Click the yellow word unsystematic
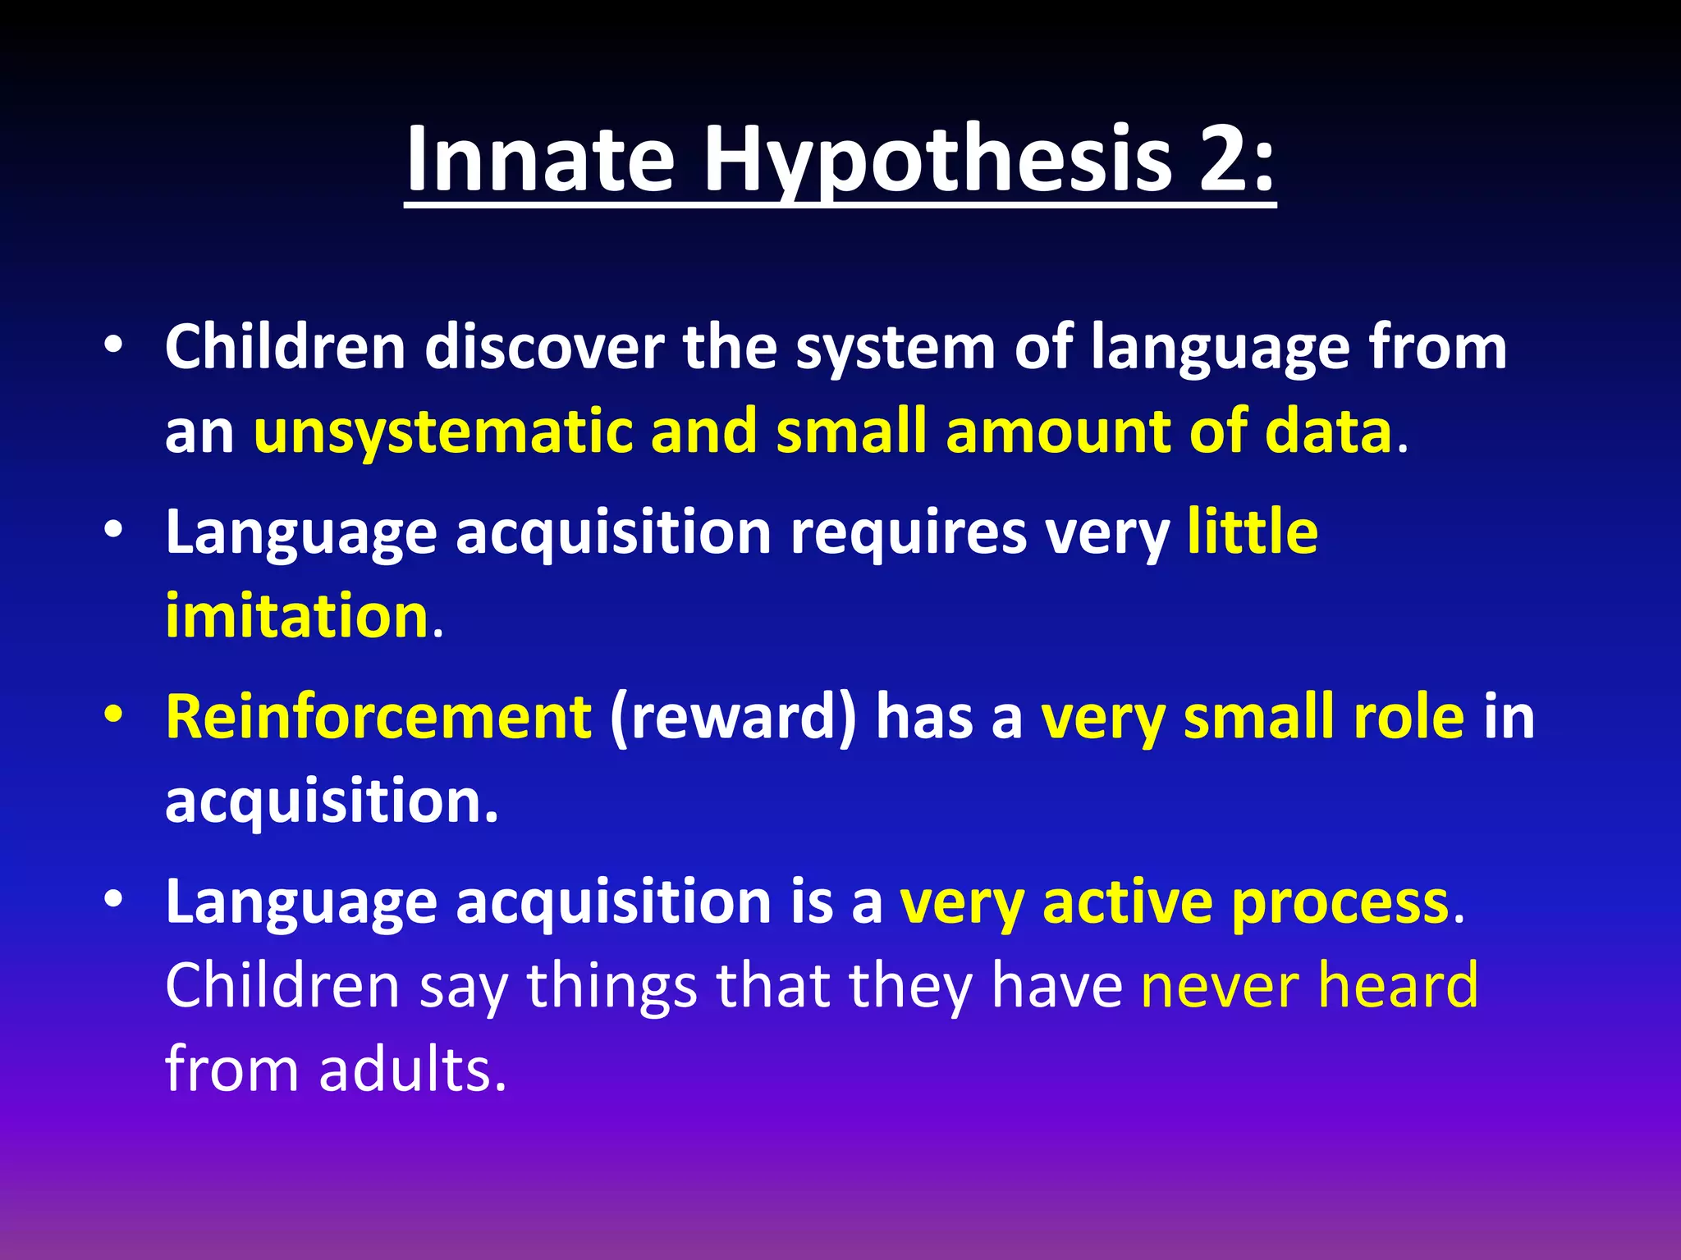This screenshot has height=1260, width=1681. tap(443, 432)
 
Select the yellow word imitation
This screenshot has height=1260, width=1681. tap(296, 615)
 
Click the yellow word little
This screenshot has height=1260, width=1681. tap(1253, 532)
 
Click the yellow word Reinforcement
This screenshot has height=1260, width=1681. tap(378, 717)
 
